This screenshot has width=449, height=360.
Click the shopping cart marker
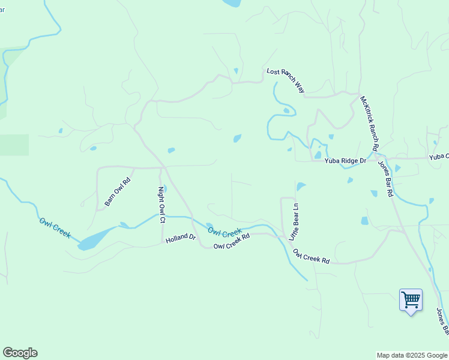coord(411,299)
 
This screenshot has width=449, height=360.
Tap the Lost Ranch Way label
coord(286,81)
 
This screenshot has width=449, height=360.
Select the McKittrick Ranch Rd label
coord(369,123)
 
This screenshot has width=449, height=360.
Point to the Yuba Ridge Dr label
coord(345,161)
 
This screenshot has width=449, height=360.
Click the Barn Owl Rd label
coord(118,192)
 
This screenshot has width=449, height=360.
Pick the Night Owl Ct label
coord(161,205)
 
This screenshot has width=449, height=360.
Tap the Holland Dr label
coord(181,238)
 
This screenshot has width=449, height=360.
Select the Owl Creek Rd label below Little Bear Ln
coord(312,256)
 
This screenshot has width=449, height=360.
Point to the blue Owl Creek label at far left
coord(55,228)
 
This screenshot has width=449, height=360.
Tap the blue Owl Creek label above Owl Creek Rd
coord(224,231)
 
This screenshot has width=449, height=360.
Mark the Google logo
coord(20,353)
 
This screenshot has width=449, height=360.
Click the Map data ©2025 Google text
coord(411,355)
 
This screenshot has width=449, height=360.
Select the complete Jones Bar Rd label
coord(385,179)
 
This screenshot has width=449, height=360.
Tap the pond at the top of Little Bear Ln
coord(300,187)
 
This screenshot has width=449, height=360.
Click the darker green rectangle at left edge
coord(14,145)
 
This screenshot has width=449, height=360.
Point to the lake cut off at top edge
coord(231,3)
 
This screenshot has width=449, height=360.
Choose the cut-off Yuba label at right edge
coord(439,157)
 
